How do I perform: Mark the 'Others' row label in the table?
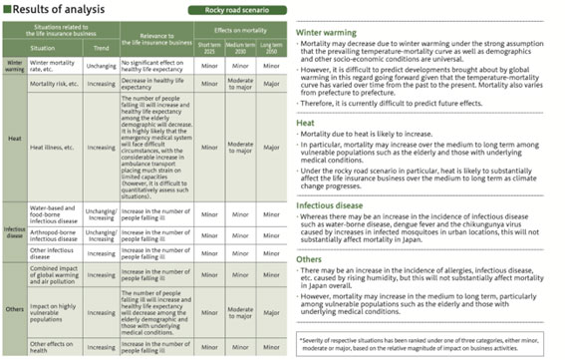[x=14, y=308]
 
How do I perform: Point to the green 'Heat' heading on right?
[x=307, y=123]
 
